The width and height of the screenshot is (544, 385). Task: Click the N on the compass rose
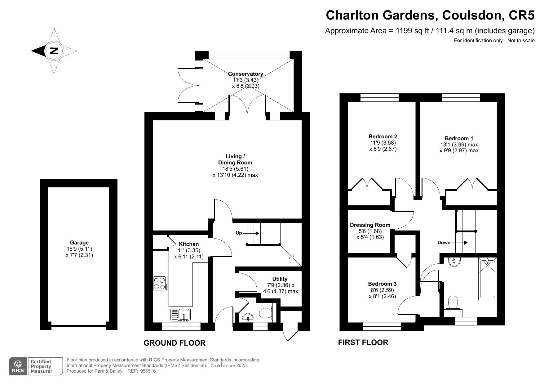(x=54, y=51)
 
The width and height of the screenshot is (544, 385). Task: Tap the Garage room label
(x=79, y=243)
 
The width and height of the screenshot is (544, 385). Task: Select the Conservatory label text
(x=245, y=74)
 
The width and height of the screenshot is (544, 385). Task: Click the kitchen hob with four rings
(x=160, y=283)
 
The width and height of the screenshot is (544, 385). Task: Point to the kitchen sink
(x=181, y=314)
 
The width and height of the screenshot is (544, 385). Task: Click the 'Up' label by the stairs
(x=239, y=233)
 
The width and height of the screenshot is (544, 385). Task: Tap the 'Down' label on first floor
(x=444, y=243)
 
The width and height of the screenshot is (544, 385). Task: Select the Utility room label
(x=280, y=279)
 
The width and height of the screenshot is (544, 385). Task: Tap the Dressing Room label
(x=370, y=225)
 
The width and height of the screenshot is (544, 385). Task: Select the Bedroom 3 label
(x=382, y=284)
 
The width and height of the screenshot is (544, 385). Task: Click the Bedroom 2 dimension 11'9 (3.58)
(x=383, y=143)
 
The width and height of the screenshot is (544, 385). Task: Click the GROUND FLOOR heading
(x=175, y=343)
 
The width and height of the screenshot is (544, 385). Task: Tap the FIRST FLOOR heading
(x=363, y=342)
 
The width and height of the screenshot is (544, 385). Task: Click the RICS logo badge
(x=18, y=366)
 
